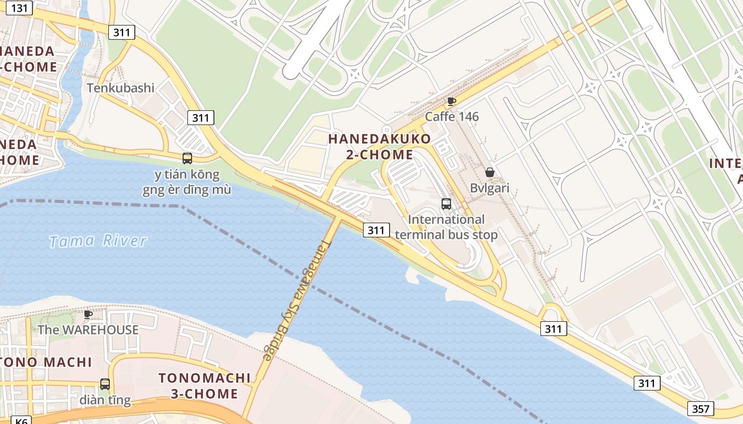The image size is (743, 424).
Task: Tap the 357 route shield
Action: click(x=701, y=409)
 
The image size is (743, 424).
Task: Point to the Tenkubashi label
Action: click(x=120, y=87)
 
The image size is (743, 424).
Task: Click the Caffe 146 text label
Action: click(x=452, y=117)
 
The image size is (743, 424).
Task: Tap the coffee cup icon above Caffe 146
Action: click(x=451, y=101)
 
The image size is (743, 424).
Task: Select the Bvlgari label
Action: click(x=489, y=188)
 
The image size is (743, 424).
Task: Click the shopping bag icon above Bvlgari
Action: click(x=489, y=172)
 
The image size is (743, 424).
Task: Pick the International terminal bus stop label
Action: click(x=446, y=227)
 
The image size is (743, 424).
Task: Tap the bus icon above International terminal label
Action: click(x=446, y=204)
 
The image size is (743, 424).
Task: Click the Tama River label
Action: click(x=98, y=241)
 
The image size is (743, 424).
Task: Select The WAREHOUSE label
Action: click(x=88, y=330)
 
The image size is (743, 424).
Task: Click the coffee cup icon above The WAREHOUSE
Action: click(x=88, y=314)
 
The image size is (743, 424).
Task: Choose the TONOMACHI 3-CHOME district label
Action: click(x=204, y=386)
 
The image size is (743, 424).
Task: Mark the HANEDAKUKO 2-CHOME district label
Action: click(x=379, y=147)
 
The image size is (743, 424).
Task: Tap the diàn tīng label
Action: click(x=105, y=400)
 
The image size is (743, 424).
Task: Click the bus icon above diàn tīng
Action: click(x=105, y=384)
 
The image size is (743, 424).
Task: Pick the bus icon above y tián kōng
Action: click(x=187, y=158)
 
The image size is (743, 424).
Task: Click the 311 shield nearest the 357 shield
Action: click(x=647, y=383)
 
